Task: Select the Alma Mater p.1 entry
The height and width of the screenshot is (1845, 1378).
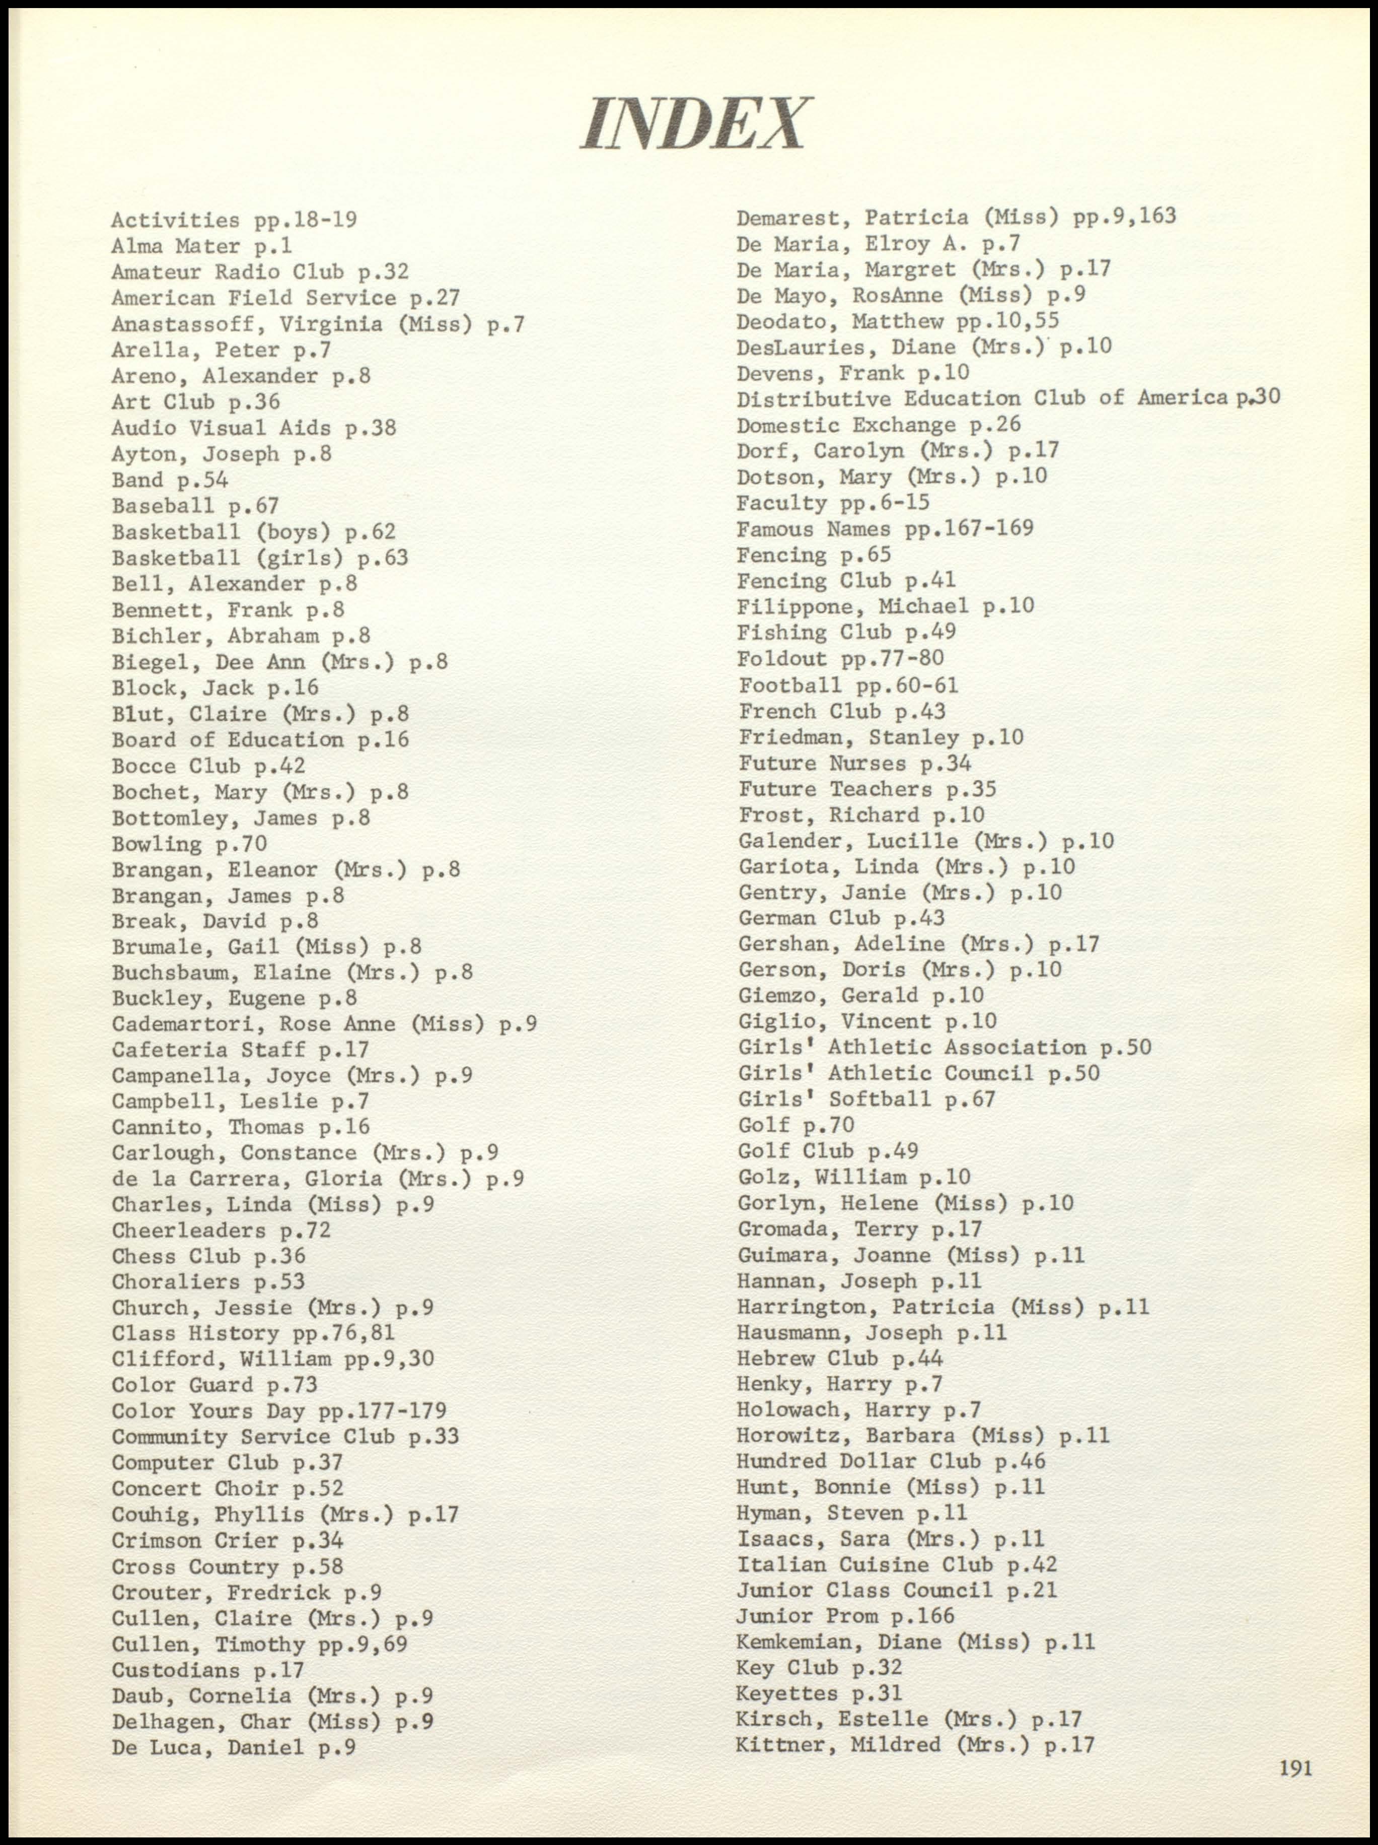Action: [x=202, y=246]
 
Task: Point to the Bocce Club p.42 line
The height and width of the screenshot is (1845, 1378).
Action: [x=208, y=766]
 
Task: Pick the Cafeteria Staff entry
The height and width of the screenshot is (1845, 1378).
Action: [x=240, y=1049]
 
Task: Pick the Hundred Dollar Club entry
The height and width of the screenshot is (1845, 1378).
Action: [x=890, y=1461]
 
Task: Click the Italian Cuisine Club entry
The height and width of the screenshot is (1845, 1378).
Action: [x=896, y=1565]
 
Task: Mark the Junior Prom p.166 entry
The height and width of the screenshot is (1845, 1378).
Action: [x=844, y=1616]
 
